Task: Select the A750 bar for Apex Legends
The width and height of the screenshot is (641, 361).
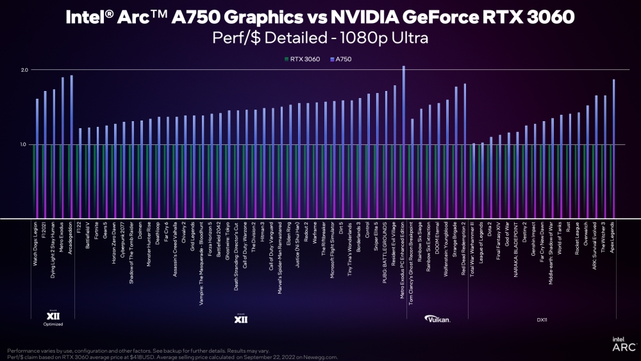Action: tap(614, 147)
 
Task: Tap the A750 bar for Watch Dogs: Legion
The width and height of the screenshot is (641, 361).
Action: tap(37, 157)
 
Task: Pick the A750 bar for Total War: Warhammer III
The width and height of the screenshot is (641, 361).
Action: tap(474, 180)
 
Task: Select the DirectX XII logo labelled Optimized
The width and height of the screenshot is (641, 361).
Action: tap(53, 317)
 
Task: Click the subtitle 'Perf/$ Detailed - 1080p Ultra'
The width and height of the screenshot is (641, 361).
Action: tap(320, 38)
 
